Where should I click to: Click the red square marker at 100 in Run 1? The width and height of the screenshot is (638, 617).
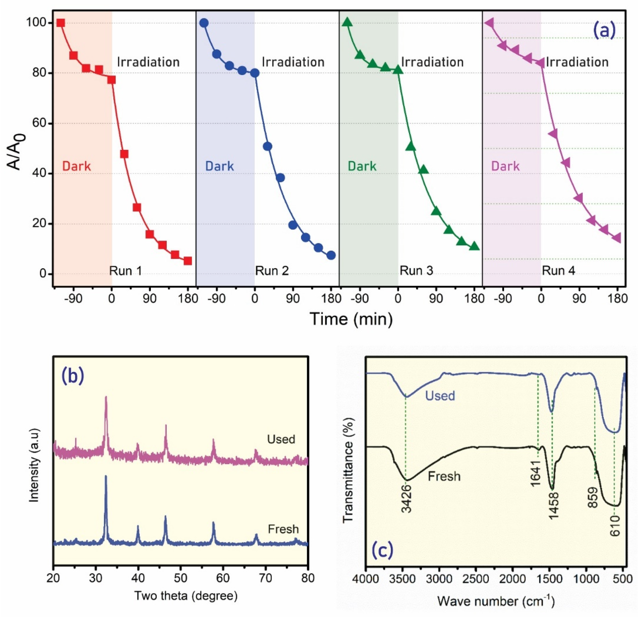point(61,23)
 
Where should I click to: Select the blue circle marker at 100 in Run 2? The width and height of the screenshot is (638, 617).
point(204,23)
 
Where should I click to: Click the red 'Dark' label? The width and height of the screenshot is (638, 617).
point(76,166)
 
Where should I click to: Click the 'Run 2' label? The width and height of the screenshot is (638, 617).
point(272,271)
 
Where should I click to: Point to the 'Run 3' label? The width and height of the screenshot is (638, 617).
point(416,271)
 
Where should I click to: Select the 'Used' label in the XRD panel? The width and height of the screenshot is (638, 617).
point(281,439)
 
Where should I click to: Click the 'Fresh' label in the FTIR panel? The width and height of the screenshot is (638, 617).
point(444,476)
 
